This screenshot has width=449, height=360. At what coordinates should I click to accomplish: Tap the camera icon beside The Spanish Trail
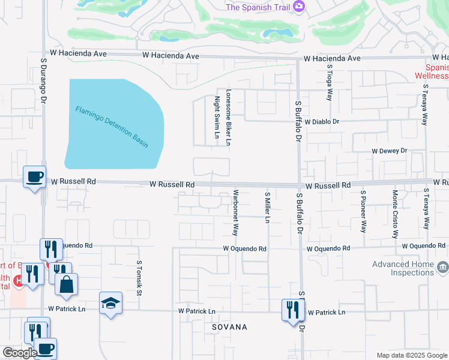(298, 7)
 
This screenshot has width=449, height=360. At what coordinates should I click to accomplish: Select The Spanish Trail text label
(258, 7)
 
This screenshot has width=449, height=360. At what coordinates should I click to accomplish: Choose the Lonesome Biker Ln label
(228, 118)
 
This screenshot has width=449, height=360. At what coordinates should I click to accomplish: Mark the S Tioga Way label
(329, 87)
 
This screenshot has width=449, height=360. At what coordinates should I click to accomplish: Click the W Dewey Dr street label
(390, 151)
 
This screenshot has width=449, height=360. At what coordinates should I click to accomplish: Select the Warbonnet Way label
(236, 213)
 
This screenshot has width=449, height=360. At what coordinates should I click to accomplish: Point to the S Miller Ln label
(267, 207)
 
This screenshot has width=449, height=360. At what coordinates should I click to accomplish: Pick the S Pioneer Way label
(363, 211)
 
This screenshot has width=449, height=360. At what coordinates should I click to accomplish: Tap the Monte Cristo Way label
(394, 214)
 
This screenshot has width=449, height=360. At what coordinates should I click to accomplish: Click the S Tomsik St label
(138, 278)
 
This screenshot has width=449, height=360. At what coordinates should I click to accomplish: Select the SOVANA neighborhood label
(229, 327)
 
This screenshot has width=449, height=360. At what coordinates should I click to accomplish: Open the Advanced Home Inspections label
(403, 268)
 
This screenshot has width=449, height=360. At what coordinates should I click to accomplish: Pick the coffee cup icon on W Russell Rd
(34, 176)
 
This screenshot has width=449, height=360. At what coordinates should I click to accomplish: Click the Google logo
(20, 353)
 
